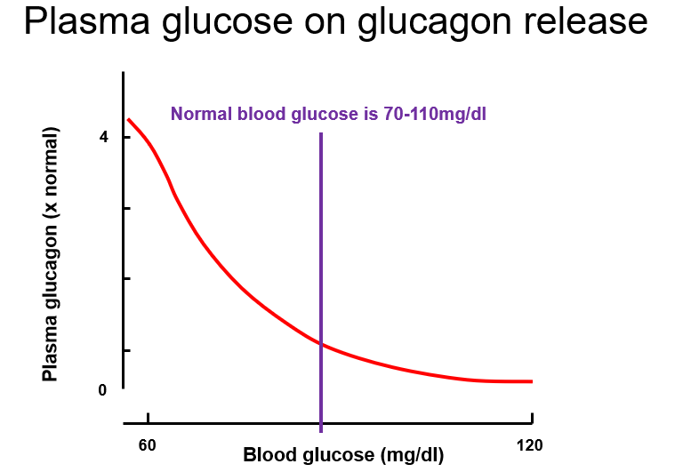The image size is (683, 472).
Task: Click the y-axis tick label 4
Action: (x=104, y=137)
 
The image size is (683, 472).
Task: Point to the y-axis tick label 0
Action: (x=104, y=390)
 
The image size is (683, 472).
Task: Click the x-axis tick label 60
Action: (x=148, y=444)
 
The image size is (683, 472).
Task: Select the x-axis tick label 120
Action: (x=529, y=444)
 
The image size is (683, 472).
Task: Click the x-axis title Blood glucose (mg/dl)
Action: (x=343, y=455)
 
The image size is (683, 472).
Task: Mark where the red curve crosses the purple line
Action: (x=320, y=344)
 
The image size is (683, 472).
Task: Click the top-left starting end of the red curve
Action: (x=128, y=119)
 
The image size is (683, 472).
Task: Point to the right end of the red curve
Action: (x=531, y=381)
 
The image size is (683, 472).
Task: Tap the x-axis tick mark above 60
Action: (x=148, y=419)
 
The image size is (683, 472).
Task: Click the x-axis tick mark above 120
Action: (x=531, y=419)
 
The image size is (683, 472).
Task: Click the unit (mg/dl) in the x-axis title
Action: (x=412, y=455)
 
